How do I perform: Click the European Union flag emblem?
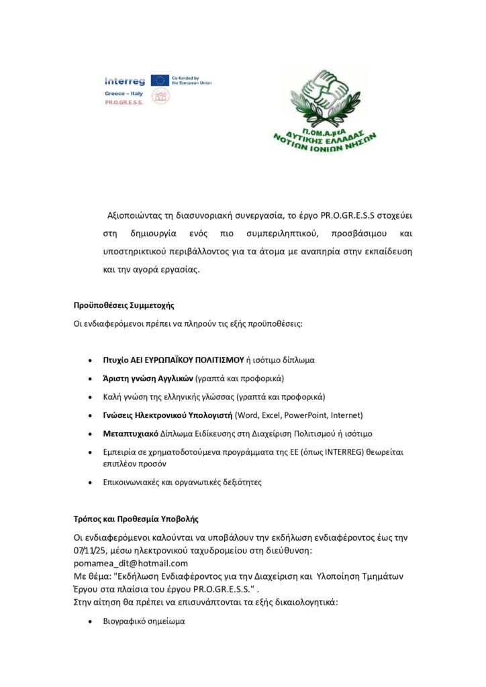pos(160,80)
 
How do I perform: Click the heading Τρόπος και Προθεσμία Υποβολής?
pos(136,519)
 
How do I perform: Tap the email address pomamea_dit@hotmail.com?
pos(130,563)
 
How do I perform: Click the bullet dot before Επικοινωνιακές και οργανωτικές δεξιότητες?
pos(91,482)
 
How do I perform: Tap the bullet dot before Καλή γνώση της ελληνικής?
pos(91,397)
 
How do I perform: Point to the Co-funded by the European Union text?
pos(192,80)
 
